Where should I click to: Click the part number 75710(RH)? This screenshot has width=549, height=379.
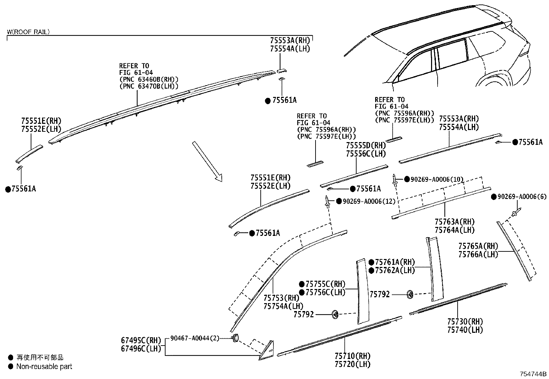click(352, 356)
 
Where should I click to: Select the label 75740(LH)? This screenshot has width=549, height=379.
click(465, 330)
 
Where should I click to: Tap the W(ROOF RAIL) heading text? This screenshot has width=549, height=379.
click(28, 32)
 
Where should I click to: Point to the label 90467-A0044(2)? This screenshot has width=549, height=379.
click(195, 338)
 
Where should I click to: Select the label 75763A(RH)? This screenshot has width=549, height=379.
click(455, 222)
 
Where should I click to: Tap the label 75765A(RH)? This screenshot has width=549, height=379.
click(478, 246)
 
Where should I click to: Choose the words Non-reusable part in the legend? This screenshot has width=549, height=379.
click(44, 367)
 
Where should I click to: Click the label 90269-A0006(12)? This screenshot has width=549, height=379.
click(369, 201)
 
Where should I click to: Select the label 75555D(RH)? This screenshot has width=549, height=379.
click(366, 145)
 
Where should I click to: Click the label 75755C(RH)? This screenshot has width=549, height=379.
click(325, 284)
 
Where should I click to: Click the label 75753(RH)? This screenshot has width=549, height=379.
click(281, 298)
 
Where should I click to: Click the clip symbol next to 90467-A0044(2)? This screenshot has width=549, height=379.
click(236, 338)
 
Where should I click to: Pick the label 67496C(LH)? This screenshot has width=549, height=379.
click(141, 348)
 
